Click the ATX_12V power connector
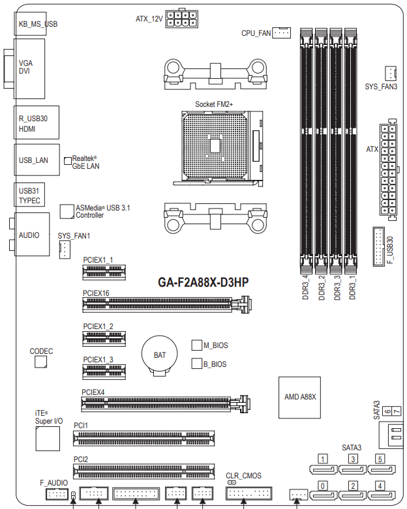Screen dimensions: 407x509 (181, 18)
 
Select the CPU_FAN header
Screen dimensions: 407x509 (281, 33)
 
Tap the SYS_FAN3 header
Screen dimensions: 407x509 (391, 74)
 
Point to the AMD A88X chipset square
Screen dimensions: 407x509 (299, 398)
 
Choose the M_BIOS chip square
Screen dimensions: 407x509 (196, 345)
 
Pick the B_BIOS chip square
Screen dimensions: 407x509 (196, 364)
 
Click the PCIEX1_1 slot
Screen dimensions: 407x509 (104, 272)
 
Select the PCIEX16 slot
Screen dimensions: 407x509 (168, 304)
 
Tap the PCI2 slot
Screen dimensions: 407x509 (143, 471)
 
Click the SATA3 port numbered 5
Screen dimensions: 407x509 (382, 469)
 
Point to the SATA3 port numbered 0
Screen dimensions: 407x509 (324, 496)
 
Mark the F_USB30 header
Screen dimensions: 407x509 (378, 246)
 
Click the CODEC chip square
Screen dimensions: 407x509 (40, 362)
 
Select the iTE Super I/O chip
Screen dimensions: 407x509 (48, 438)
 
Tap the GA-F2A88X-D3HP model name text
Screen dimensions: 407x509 (203, 282)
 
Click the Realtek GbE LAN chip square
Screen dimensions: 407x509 (68, 161)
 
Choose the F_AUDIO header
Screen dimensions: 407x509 (57, 495)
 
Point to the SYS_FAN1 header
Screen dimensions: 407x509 (65, 250)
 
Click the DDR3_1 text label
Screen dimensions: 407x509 (352, 287)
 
